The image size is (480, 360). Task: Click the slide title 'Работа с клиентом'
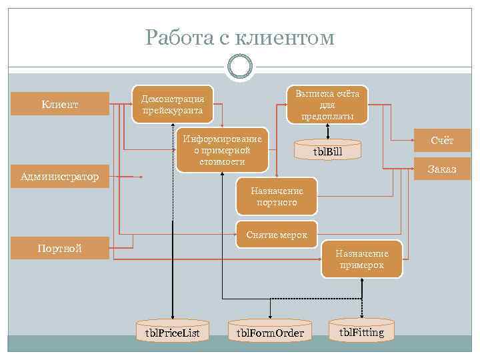pos(240,37)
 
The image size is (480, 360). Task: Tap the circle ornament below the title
pos(240,66)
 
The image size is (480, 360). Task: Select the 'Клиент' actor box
pos(60,104)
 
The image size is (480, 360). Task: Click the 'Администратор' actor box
pos(60,177)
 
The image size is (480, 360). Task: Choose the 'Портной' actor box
pos(60,249)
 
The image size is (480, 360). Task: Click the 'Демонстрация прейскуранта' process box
pos(173,104)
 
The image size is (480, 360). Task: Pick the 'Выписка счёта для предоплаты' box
pos(327,105)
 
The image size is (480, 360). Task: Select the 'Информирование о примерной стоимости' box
pos(223,150)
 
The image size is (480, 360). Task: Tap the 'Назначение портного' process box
pos(277,197)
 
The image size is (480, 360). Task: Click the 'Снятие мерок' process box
pos(277,235)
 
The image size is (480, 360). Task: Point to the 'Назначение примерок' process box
pos(361,259)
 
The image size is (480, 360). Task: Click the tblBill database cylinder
pos(327,151)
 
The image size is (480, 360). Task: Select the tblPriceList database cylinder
pos(172,331)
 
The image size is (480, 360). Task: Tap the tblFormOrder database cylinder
pos(270,331)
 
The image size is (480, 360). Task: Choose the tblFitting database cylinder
pos(361,331)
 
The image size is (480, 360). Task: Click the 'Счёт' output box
pos(442,141)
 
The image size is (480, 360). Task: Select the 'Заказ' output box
pos(442,169)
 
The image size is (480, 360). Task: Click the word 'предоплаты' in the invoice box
pos(327,116)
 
